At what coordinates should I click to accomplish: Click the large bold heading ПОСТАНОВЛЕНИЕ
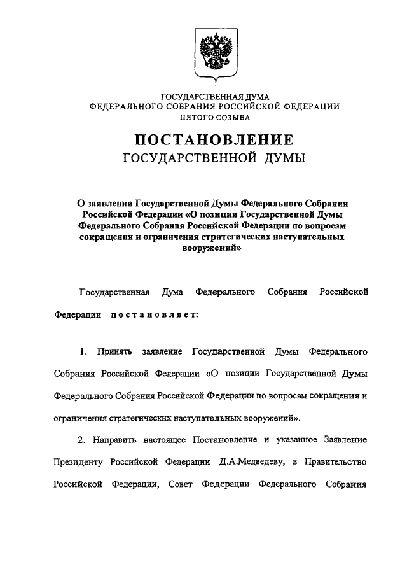point(214,140)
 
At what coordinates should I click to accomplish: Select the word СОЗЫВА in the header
point(233,117)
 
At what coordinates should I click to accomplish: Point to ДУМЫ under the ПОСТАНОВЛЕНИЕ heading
point(284,158)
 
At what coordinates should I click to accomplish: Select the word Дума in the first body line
point(172,292)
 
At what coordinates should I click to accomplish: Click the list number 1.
point(83,351)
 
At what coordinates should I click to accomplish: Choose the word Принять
point(114,351)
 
